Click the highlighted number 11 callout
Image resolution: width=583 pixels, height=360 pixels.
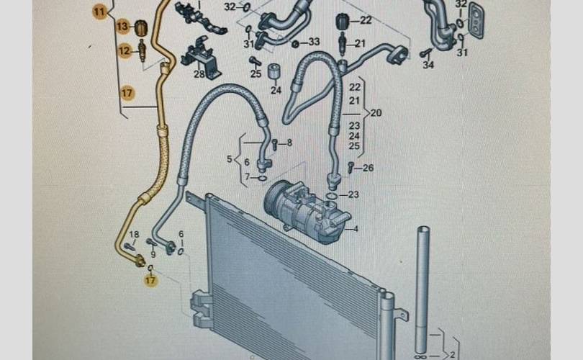(99, 12)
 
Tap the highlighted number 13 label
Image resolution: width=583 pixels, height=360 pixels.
(122, 27)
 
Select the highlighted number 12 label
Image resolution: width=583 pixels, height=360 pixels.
(124, 50)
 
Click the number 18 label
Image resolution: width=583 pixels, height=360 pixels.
(133, 235)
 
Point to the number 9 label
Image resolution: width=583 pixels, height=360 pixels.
(153, 254)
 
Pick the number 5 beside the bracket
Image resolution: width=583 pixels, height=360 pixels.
(230, 158)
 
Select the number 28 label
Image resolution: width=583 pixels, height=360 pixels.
(199, 73)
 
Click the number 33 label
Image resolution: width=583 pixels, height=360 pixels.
(313, 42)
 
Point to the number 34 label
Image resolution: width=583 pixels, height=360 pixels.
(428, 66)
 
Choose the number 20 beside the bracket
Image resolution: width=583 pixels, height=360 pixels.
(376, 113)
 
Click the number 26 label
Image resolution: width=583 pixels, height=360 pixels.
(368, 168)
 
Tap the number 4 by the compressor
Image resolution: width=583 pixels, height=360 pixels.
(355, 230)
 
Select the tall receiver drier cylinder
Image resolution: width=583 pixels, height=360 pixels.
(422, 288)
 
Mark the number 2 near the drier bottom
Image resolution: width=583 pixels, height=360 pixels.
(453, 354)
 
